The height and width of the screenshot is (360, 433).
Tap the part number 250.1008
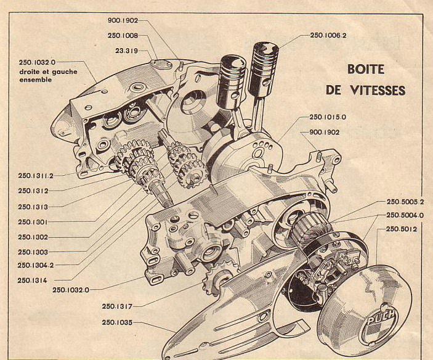coord(123,35)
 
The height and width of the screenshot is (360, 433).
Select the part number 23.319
coord(126,51)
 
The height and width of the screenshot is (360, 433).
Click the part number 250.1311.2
coord(36,175)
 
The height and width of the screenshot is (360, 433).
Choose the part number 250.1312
coord(33,190)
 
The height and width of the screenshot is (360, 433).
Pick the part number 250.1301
coord(33,222)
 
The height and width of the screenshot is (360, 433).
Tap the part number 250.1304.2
coord(36,265)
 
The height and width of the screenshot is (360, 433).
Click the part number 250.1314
coord(33,280)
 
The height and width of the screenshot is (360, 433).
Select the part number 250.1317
coord(118,306)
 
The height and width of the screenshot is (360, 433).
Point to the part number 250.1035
coord(118,322)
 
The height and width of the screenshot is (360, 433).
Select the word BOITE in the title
coord(366,69)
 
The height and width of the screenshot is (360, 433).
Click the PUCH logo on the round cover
coord(382,317)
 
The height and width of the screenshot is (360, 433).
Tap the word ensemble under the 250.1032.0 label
coord(36,80)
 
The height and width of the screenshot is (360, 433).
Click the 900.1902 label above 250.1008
coord(123,20)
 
